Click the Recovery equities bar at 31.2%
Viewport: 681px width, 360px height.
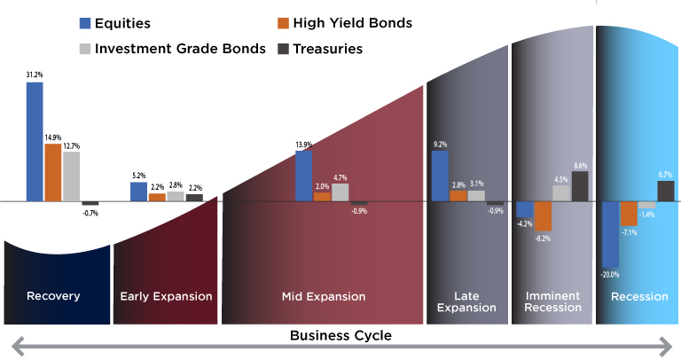[35, 142]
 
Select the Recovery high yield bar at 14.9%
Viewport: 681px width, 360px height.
[53, 172]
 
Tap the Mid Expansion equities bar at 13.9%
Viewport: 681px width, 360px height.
[303, 176]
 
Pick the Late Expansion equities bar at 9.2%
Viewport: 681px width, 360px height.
[440, 176]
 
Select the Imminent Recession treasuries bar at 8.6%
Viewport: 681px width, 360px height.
[580, 186]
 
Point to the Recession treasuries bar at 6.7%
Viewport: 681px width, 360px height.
[665, 191]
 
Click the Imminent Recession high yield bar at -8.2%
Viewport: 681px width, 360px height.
[543, 215]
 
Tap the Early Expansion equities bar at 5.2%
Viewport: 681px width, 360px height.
[138, 192]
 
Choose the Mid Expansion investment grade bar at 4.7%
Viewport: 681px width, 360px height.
[340, 192]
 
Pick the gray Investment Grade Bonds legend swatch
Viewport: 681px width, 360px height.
[85, 49]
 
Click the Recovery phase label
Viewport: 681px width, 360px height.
[53, 296]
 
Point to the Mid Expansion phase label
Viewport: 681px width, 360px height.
[323, 296]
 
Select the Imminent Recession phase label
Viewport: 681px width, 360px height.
[553, 301]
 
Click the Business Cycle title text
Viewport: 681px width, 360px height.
[340, 336]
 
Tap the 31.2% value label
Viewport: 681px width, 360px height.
[34, 75]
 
